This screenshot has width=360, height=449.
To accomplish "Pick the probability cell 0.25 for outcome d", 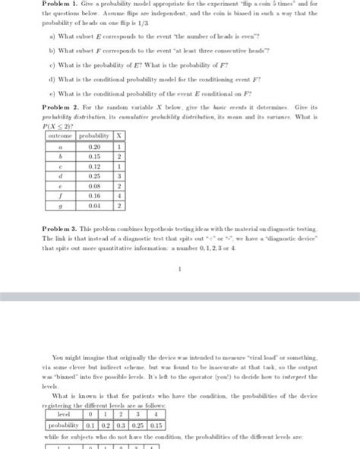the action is coord(94,175).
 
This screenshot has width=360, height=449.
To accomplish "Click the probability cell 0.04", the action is coord(94,205).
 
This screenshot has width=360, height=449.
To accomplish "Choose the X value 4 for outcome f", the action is coord(120,195).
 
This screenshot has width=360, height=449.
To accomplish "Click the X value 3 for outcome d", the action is coord(120,175).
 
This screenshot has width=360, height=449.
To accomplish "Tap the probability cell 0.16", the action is coord(94,195).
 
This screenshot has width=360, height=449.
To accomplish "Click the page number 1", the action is coord(179,267).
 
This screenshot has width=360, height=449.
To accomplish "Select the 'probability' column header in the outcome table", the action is coord(94,136).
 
